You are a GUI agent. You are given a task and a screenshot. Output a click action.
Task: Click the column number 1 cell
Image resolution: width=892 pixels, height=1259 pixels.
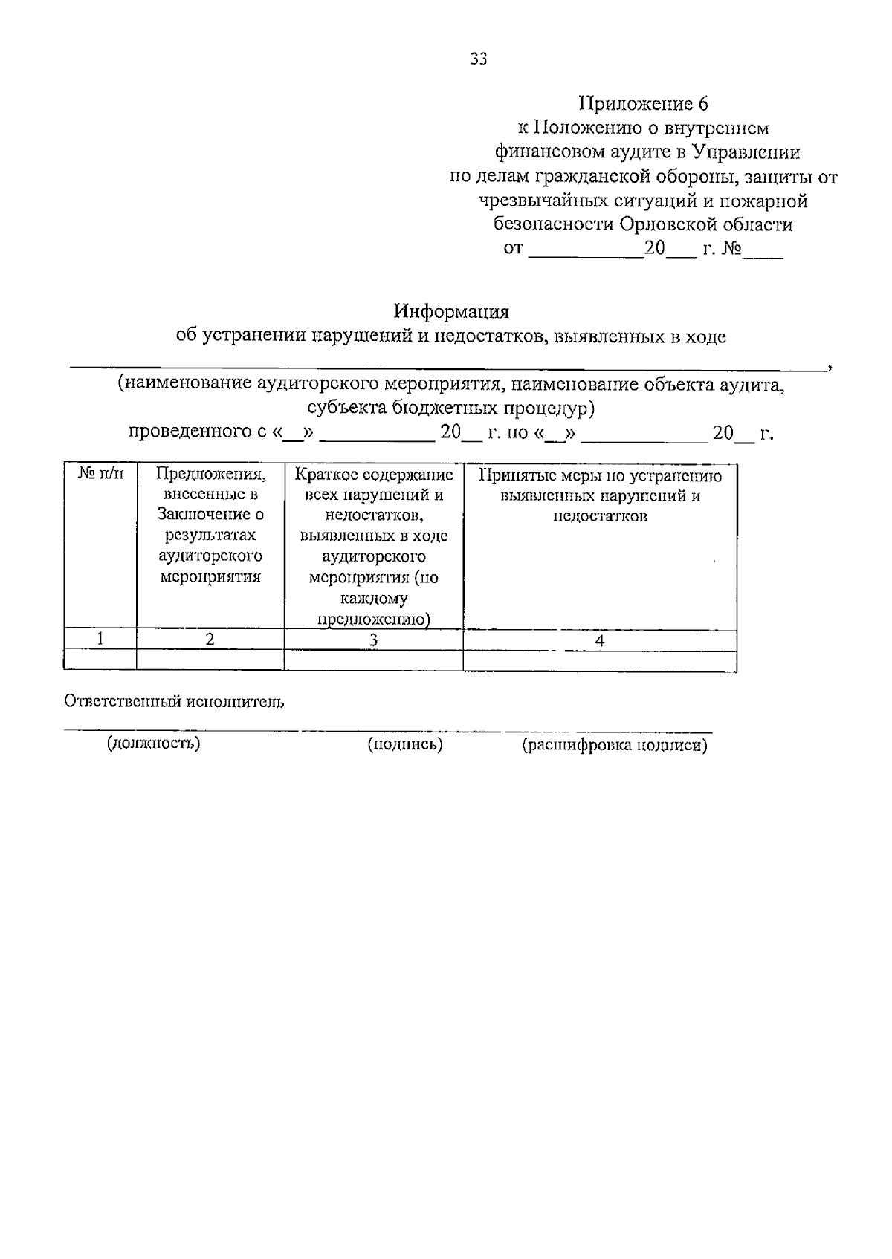100,638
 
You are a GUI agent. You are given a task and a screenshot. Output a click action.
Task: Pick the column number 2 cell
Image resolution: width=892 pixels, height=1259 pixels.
210,639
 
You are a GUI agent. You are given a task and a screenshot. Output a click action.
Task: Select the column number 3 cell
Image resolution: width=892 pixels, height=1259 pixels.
374,640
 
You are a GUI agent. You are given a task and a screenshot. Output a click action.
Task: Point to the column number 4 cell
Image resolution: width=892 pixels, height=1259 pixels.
600,640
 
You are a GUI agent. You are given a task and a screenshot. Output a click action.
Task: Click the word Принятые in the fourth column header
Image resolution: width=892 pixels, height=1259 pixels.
513,476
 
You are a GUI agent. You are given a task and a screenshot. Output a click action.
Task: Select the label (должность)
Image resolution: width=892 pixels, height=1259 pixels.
153,742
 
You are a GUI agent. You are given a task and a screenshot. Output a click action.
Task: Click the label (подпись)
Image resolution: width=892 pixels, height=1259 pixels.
406,744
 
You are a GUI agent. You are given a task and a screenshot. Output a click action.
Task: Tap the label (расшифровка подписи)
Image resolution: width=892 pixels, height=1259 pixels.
615,745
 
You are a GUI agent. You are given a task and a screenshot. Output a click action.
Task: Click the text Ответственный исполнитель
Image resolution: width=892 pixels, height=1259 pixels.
174,701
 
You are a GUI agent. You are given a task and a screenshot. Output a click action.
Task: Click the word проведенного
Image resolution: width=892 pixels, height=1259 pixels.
193,432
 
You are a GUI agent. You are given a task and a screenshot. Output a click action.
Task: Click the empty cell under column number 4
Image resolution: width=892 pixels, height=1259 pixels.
600,660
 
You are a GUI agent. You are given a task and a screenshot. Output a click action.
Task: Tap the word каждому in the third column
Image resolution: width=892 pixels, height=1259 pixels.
374,599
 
